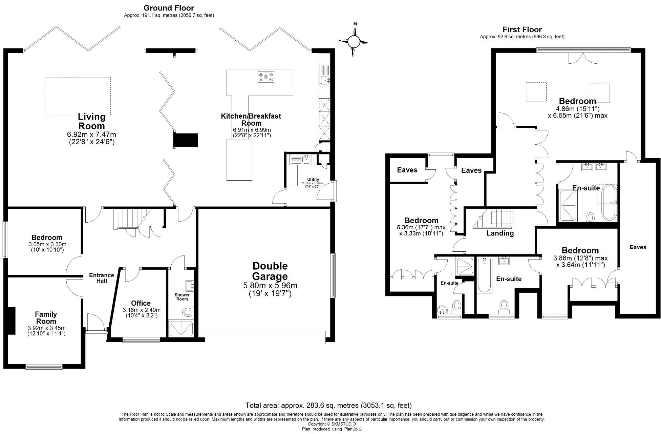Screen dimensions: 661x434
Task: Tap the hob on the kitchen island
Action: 266,77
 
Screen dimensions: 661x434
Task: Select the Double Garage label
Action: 270,271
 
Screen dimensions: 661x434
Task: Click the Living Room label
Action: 92,121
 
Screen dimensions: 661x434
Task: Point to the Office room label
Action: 141,303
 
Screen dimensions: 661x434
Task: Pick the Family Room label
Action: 46,318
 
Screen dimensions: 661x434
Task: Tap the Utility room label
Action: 313,180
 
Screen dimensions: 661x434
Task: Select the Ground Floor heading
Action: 169,8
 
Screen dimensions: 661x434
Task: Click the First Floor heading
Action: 522,29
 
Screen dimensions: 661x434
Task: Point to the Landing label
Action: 500,233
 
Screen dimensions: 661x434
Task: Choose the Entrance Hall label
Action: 102,278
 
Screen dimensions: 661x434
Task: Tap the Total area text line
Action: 328,405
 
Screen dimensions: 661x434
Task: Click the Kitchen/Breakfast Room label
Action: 251,120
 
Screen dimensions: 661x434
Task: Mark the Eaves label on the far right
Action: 638,247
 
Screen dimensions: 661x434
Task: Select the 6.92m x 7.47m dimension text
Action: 92,135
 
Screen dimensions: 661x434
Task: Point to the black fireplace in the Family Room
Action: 12,321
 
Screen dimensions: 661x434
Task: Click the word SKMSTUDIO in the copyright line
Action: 343,424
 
